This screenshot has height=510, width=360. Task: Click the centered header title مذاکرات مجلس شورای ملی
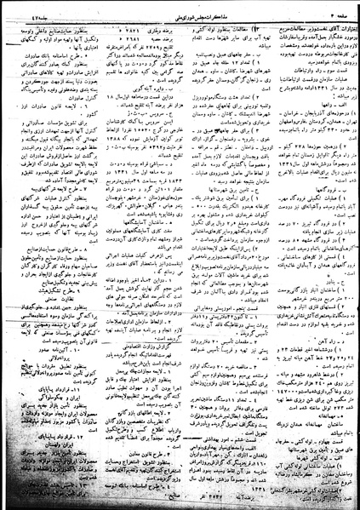178,9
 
